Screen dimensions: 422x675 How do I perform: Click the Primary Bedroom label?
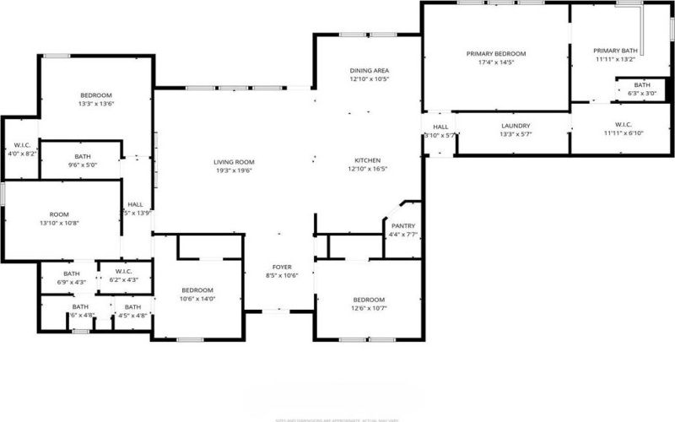click(x=496, y=53)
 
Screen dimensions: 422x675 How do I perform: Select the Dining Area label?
click(x=369, y=70)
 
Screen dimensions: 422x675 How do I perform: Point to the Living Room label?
click(x=234, y=162)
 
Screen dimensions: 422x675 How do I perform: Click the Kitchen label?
click(x=367, y=160)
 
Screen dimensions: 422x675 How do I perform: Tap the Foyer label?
click(x=282, y=267)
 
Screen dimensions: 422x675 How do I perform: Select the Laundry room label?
click(x=515, y=126)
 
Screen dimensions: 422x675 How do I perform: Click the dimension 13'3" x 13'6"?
click(x=96, y=104)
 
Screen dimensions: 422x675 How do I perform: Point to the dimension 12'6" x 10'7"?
click(x=369, y=309)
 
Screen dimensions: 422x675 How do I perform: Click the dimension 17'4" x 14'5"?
click(x=496, y=62)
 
